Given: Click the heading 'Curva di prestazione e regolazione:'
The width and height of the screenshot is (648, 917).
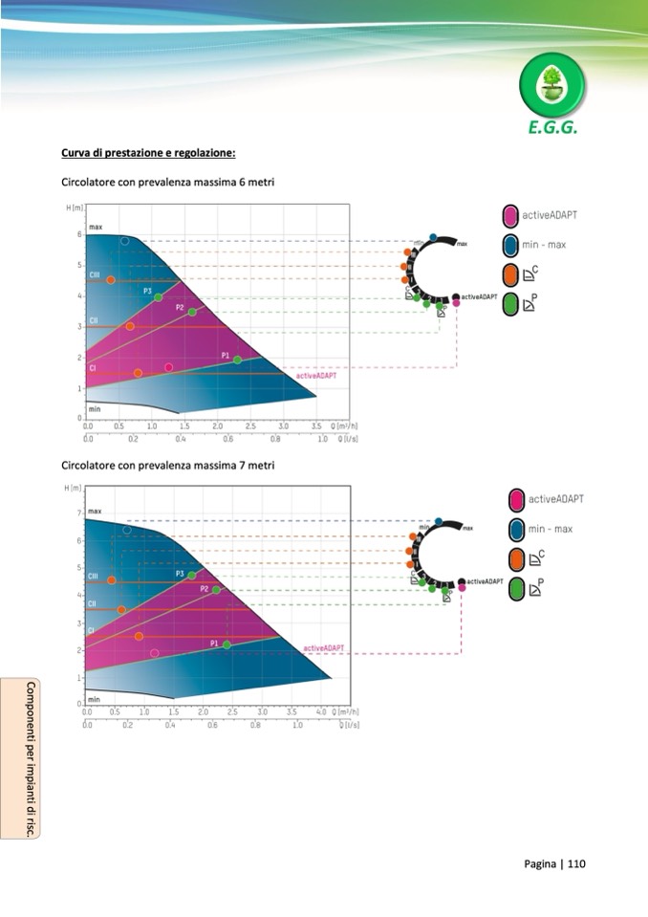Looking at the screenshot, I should pyautogui.click(x=148, y=153).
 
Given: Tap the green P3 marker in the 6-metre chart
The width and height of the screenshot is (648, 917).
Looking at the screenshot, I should pyautogui.click(x=159, y=297).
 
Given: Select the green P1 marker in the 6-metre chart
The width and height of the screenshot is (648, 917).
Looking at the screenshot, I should pyautogui.click(x=238, y=360).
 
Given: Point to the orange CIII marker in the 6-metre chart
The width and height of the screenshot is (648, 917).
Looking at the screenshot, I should pyautogui.click(x=111, y=280).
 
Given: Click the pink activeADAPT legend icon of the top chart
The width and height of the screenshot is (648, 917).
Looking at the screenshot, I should pyautogui.click(x=510, y=215).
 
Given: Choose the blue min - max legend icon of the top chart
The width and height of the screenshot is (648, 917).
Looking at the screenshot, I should pyautogui.click(x=510, y=245).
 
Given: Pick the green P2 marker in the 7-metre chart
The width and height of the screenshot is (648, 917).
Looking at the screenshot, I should pyautogui.click(x=216, y=590).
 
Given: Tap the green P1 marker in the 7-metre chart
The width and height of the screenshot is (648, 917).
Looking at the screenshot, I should pyautogui.click(x=227, y=644).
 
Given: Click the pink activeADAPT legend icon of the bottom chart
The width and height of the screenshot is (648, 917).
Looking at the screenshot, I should pyautogui.click(x=517, y=499).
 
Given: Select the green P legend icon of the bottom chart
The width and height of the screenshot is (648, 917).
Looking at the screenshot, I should pyautogui.click(x=517, y=587).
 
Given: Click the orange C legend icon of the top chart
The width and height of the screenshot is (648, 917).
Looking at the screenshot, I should pyautogui.click(x=510, y=274).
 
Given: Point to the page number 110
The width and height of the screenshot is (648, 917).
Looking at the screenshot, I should pyautogui.click(x=576, y=864).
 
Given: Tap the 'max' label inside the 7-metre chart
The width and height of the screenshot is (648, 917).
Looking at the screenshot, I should pyautogui.click(x=95, y=513).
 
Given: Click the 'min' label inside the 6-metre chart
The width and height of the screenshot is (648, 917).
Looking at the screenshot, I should pyautogui.click(x=95, y=408).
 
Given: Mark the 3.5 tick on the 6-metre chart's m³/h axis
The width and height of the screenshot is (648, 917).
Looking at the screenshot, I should pyautogui.click(x=316, y=426).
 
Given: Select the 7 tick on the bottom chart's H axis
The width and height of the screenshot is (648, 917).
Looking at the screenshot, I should pyautogui.click(x=78, y=513).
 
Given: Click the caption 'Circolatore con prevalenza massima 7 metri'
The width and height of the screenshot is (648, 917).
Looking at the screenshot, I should pyautogui.click(x=168, y=466).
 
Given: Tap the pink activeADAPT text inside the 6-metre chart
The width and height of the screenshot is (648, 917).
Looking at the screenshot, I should pyautogui.click(x=315, y=376).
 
